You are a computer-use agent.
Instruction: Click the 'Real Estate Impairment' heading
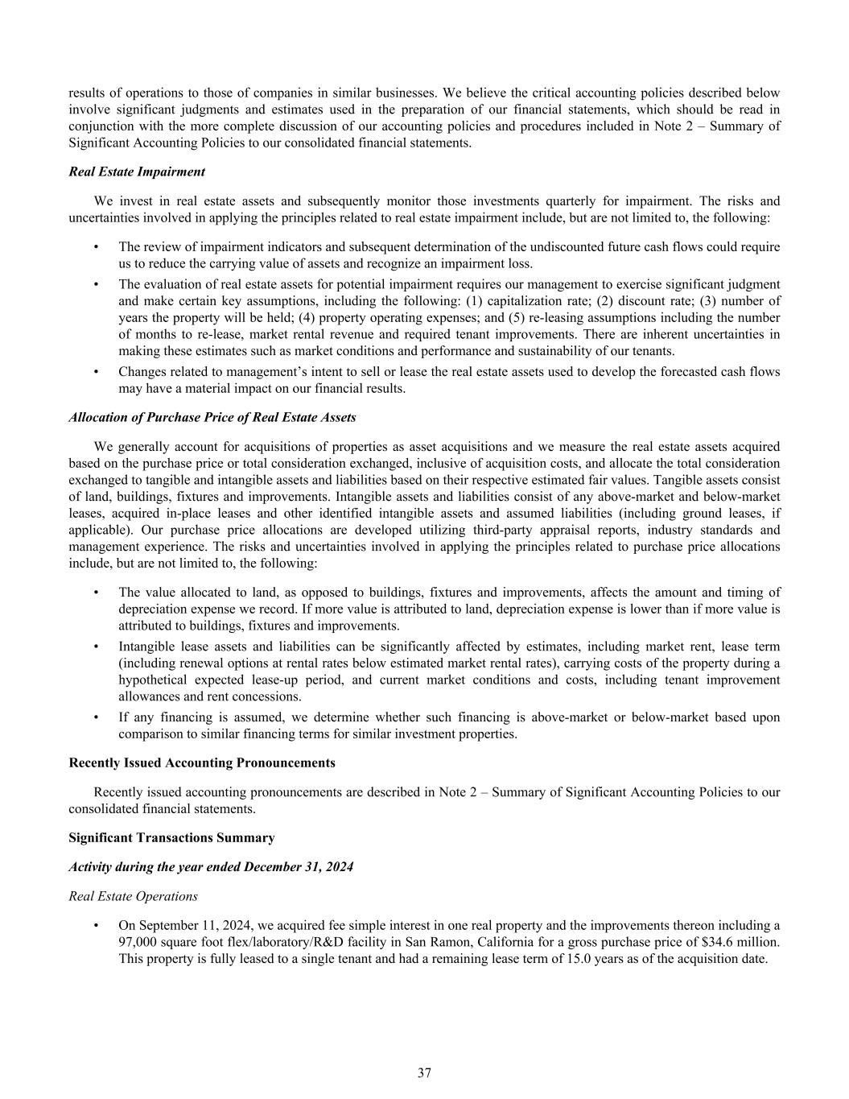pos(137,171)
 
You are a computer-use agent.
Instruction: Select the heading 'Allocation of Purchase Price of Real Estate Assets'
pos(212,418)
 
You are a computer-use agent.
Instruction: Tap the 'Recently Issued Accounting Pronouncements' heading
pos(202,762)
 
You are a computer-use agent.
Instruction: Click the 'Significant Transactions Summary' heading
pos(171,837)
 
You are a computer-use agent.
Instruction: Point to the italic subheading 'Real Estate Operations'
pos(134,895)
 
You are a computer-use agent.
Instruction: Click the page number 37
pos(424,1072)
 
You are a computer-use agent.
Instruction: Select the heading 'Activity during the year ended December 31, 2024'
pos(211,866)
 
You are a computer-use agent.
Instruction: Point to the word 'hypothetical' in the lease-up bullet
pos(153,680)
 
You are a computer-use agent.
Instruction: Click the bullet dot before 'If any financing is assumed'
pos(97,717)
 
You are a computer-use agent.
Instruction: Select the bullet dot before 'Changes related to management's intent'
pos(97,372)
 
